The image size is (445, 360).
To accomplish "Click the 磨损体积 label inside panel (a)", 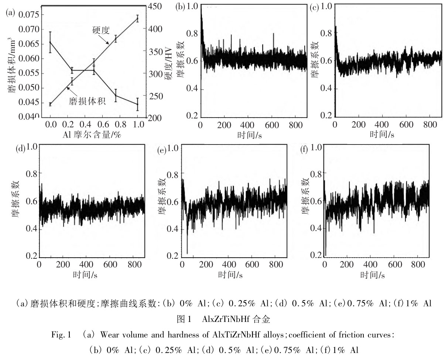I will click(87, 101).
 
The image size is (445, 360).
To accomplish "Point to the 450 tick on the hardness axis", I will click(157, 7).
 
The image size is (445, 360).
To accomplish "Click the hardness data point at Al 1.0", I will click(137, 18).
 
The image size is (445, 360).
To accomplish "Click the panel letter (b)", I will click(180, 7).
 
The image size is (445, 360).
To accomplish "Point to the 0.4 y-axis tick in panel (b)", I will click(191, 89).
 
